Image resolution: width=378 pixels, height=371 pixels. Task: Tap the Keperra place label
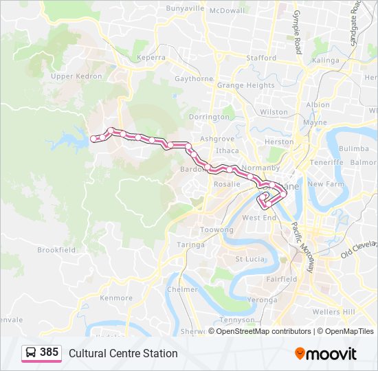[x=151, y=58]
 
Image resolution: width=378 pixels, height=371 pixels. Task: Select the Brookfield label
[x=56, y=250]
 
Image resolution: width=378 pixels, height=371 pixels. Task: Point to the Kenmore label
[x=116, y=298]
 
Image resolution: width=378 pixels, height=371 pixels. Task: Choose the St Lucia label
[x=249, y=259]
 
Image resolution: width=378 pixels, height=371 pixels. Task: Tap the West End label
[x=259, y=217]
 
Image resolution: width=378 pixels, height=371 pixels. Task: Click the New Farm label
[x=324, y=184]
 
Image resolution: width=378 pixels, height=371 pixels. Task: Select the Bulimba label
[x=354, y=148]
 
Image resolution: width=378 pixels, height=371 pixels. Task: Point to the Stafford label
[x=261, y=58]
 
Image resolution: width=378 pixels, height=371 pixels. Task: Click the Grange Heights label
[x=246, y=86]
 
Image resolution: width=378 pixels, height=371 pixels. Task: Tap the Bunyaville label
[x=185, y=9]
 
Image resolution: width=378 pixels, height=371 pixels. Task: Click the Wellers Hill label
[x=334, y=312]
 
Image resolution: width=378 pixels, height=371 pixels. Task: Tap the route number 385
[x=49, y=352]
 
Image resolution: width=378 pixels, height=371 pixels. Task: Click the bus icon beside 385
[x=32, y=353]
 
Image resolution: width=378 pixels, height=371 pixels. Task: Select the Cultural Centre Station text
[x=123, y=353]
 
